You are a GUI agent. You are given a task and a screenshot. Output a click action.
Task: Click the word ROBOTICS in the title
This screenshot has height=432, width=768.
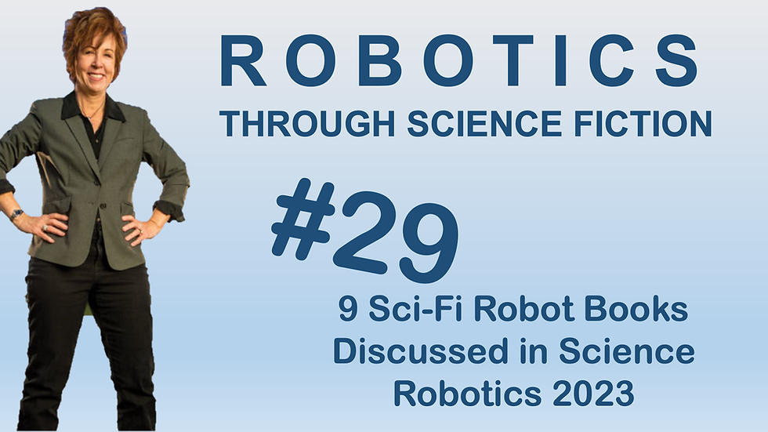click(458, 61)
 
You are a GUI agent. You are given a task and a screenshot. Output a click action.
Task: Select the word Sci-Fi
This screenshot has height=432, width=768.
click(420, 311)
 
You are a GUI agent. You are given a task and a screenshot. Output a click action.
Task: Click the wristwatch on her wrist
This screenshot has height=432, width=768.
click(16, 214)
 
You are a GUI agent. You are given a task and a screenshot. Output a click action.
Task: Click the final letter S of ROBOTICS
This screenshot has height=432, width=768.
click(676, 61)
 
